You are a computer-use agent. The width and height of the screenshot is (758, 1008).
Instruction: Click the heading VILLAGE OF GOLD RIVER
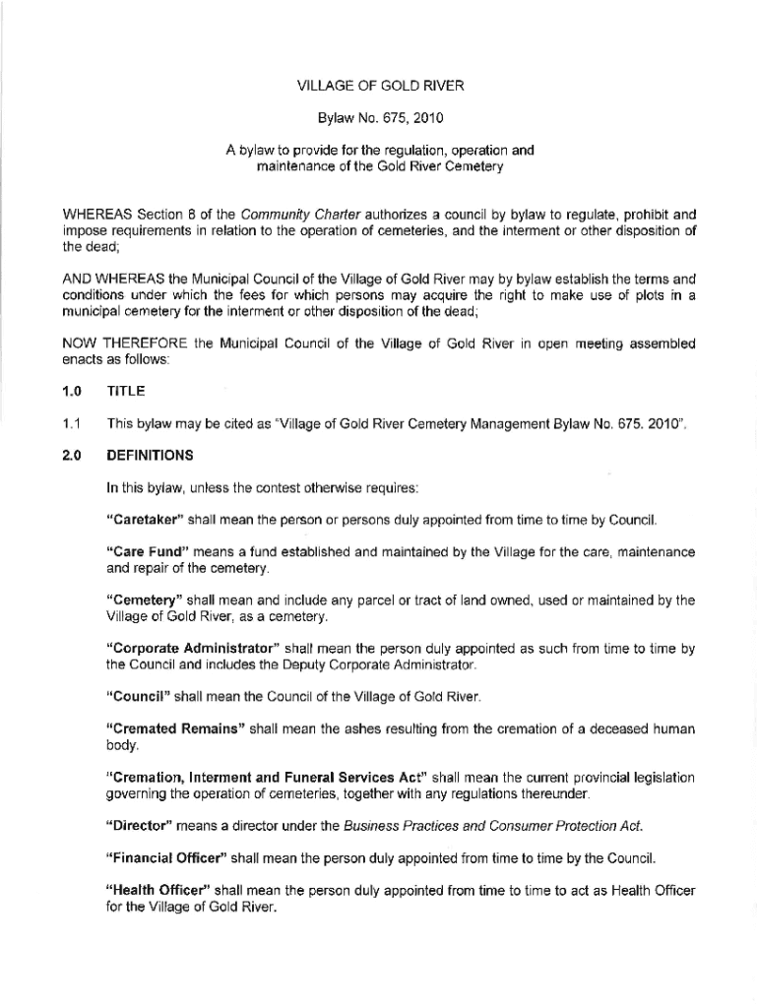click(379, 86)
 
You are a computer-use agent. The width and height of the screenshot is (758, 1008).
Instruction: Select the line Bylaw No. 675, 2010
click(379, 119)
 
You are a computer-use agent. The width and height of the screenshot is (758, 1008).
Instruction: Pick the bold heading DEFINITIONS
click(150, 456)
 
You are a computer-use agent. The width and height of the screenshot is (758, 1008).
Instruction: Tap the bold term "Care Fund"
click(144, 552)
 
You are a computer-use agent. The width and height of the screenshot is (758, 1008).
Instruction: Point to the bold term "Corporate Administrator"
click(194, 649)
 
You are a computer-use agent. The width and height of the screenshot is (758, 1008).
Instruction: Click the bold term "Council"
click(137, 697)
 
